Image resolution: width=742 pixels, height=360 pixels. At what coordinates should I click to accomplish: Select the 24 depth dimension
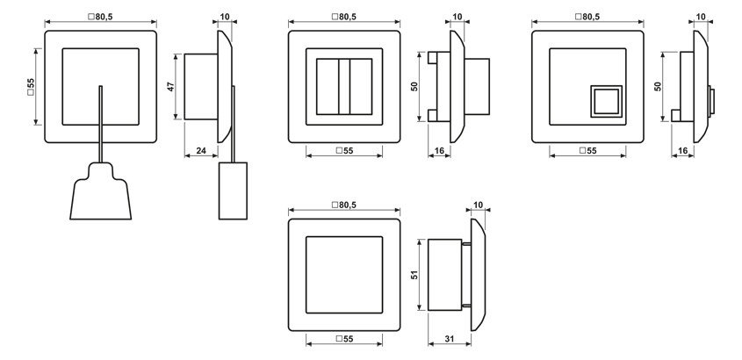tap(202, 151)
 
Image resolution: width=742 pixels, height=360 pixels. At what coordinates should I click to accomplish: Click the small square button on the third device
tap(605, 100)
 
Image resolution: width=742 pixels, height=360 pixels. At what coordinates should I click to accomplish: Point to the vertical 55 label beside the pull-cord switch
tap(30, 87)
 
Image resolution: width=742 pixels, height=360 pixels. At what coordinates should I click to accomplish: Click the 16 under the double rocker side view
tap(438, 151)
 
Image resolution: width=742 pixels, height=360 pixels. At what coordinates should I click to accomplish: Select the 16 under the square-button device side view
tap(682, 151)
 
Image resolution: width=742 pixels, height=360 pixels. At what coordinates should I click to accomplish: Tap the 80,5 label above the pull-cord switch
tap(100, 16)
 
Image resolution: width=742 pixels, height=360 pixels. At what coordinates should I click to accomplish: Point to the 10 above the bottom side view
tap(478, 204)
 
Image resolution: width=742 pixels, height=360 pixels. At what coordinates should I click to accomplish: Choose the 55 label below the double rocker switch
tap(344, 151)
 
